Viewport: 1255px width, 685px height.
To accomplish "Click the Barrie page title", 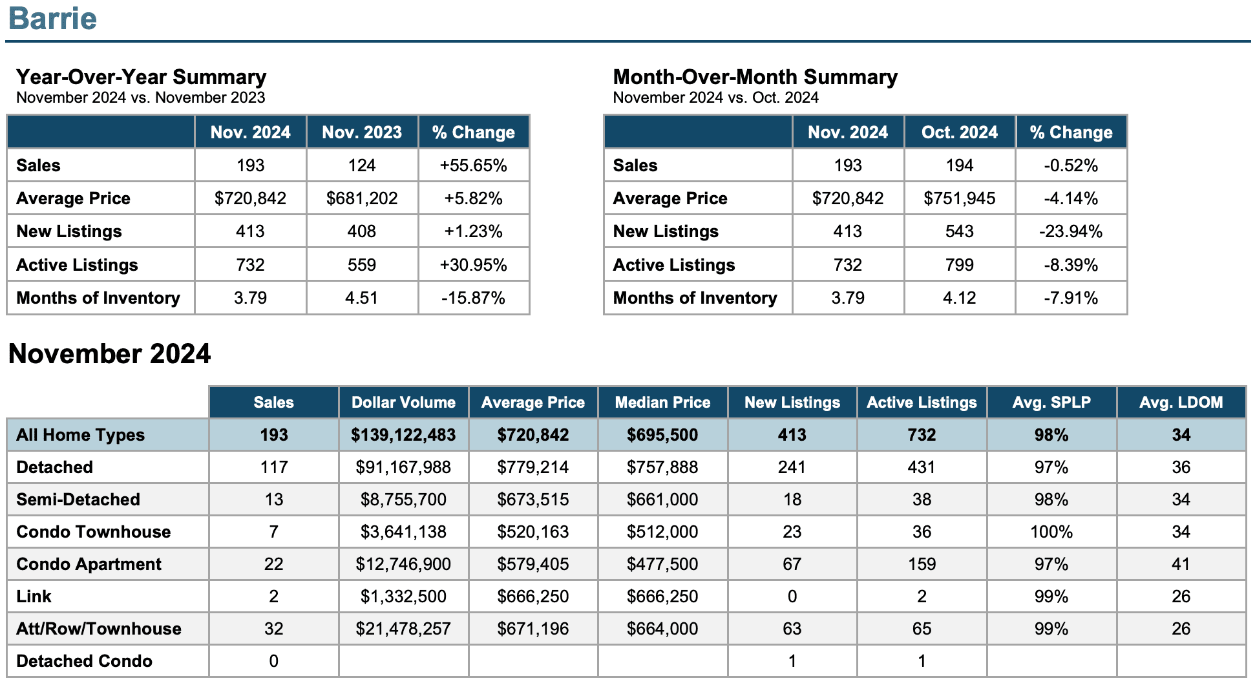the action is [52, 18].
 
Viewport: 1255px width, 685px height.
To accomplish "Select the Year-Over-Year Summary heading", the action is [141, 77].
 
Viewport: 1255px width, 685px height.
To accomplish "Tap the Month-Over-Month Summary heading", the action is [755, 77].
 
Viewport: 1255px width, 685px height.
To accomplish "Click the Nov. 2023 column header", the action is [362, 132].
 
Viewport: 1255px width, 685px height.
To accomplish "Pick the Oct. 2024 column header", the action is [960, 132].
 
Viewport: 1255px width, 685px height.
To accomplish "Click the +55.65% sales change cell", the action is [474, 165].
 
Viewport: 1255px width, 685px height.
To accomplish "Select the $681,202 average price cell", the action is [362, 198].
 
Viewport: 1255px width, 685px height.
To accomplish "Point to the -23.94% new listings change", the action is [1071, 231].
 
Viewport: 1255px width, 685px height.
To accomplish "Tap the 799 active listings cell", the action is [960, 265].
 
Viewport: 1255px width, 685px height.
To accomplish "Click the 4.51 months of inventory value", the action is [362, 298].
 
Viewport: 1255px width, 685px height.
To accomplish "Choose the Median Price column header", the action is [662, 403].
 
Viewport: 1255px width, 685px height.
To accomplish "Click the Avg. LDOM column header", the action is [1181, 403].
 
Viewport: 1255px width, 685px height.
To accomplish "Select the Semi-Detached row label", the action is [78, 500].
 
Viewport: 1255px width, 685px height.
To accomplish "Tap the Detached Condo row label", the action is [84, 661].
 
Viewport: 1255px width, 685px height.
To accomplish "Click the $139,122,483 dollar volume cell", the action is [403, 435].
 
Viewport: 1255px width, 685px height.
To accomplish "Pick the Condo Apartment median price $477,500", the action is [662, 564].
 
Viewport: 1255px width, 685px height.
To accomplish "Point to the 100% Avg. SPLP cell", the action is [1051, 532].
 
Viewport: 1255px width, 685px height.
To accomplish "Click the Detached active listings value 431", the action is [922, 467].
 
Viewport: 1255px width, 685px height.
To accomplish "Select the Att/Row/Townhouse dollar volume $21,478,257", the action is [403, 629].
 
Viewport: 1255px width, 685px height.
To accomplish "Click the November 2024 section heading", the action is [109, 354].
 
